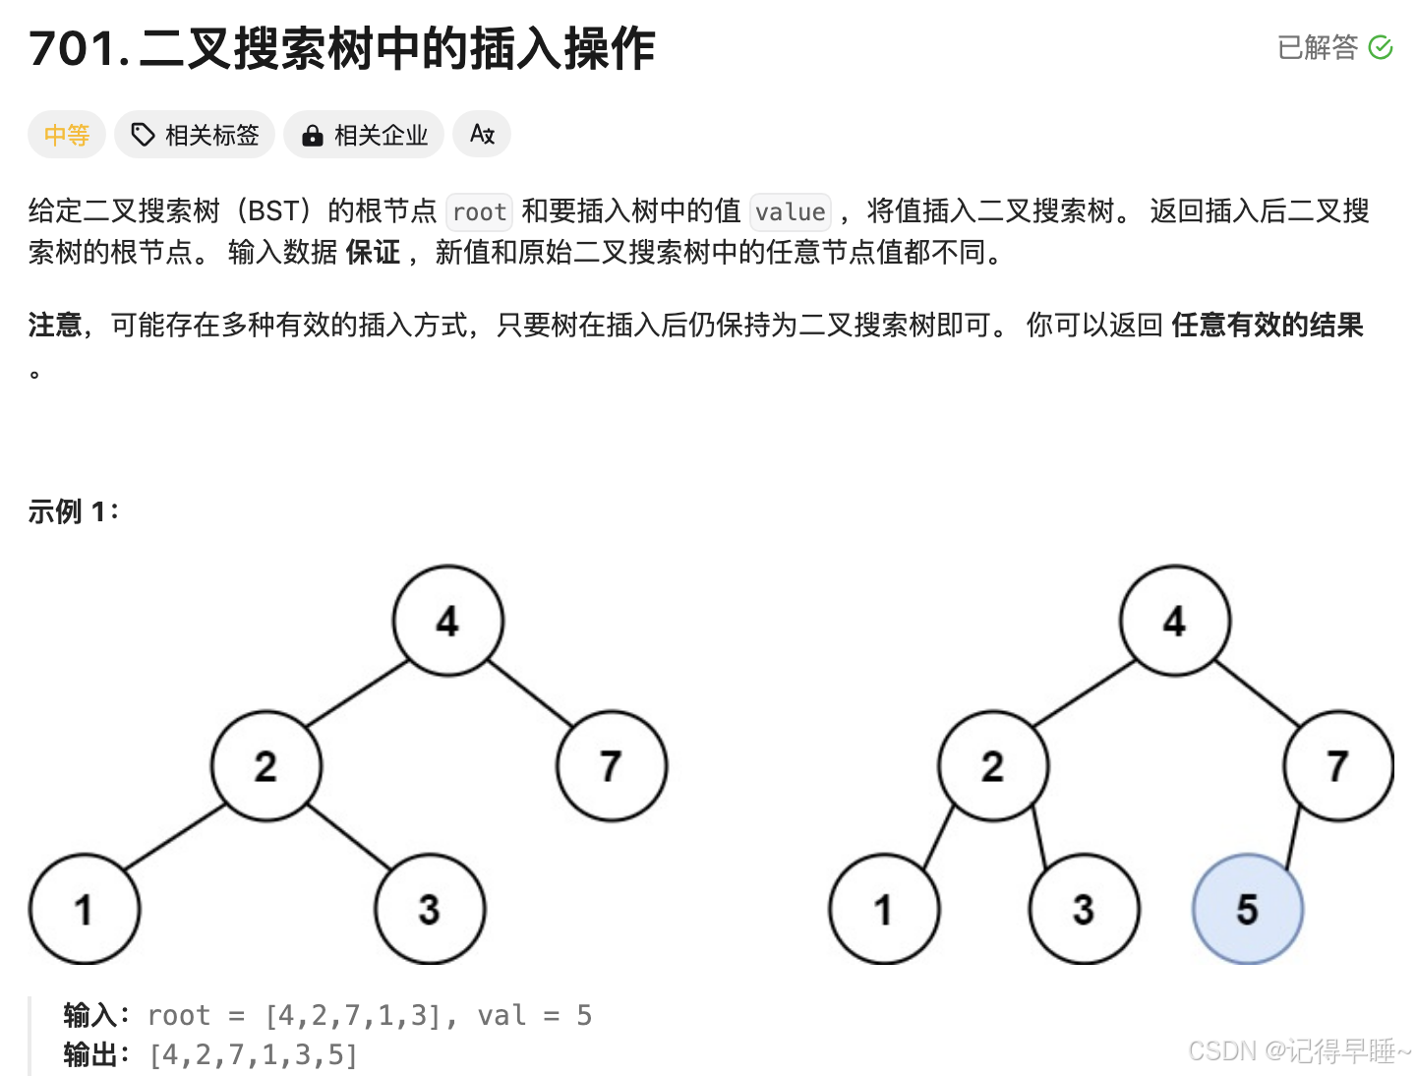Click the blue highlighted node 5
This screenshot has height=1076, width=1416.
pos(1247,909)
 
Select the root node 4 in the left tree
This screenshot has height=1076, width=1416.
pos(447,621)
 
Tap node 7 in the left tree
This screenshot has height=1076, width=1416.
pos(611,765)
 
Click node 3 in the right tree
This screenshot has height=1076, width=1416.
pos(1083,909)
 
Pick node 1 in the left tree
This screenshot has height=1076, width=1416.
pos(84,909)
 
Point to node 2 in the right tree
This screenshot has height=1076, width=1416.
pos(992,765)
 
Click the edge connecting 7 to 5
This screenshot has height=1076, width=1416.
pos(1293,836)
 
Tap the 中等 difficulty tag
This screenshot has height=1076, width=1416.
pos(67,135)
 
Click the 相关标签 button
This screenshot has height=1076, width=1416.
pos(195,135)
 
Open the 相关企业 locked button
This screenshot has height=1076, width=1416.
pos(364,135)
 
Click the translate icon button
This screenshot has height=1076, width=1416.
pos(482,134)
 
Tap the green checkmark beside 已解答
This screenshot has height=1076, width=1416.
pos(1381,47)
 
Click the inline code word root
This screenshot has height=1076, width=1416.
pos(479,211)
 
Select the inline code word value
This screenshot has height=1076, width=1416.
pos(790,211)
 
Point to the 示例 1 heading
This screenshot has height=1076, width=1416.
pos(74,511)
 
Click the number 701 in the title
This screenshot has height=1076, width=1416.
pos(73,49)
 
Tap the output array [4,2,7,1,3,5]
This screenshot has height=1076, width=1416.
pos(254,1054)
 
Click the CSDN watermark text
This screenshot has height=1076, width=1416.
pos(1298,1050)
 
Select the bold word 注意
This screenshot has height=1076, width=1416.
pos(55,325)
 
